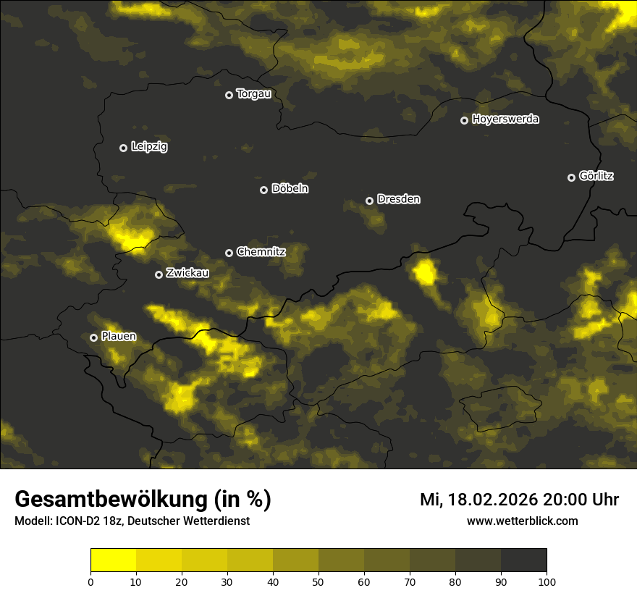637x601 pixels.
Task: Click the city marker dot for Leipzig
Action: click(x=123, y=148)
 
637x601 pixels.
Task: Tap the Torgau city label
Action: click(x=253, y=94)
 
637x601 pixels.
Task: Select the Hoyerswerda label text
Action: click(x=505, y=119)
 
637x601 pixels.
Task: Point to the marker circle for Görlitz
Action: click(x=571, y=177)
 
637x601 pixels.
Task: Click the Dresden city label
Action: click(x=399, y=199)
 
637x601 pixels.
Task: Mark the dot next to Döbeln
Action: click(x=263, y=190)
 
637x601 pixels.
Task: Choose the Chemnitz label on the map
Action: click(x=261, y=252)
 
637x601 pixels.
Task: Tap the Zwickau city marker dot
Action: click(x=159, y=274)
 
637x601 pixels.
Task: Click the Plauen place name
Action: click(x=119, y=337)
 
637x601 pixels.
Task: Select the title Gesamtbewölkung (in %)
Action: click(x=143, y=500)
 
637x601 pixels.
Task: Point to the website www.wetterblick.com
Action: click(x=522, y=521)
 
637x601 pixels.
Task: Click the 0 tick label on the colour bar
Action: click(x=90, y=581)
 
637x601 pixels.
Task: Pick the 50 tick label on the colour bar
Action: click(x=318, y=581)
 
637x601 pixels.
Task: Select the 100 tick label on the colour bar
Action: click(x=547, y=581)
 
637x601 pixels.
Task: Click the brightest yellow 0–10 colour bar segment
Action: click(x=114, y=560)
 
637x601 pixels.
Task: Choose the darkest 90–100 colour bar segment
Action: click(x=523, y=560)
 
